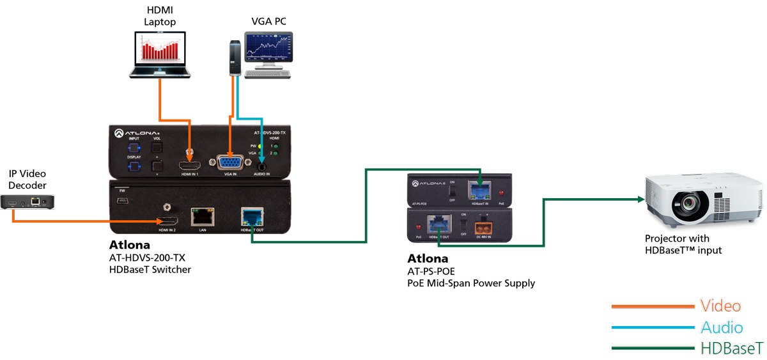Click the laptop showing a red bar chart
[160, 54]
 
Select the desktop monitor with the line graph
[269, 47]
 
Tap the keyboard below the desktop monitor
[268, 73]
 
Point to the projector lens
[688, 205]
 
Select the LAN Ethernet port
[203, 216]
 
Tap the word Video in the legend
[720, 306]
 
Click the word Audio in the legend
[721, 328]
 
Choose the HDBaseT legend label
[731, 348]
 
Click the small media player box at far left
[28, 203]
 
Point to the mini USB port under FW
[121, 201]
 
